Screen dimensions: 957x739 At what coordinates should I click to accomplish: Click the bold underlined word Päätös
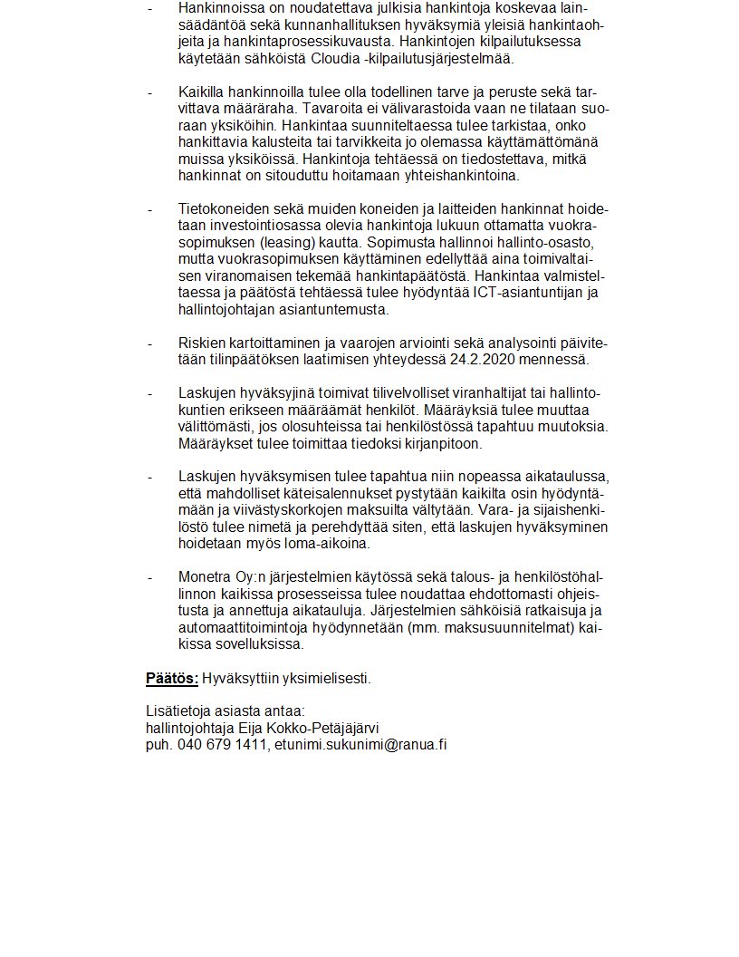[171, 678]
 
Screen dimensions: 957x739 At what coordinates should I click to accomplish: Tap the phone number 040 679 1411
[217, 745]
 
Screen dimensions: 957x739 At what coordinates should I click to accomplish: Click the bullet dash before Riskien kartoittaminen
[149, 343]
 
